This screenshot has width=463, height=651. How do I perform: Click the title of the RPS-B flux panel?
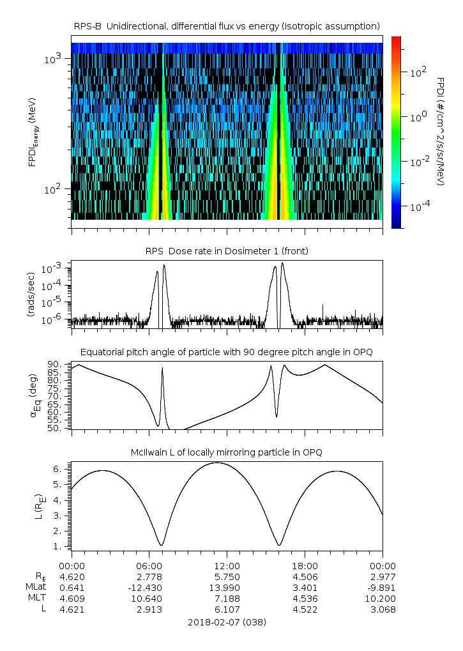pos(227,26)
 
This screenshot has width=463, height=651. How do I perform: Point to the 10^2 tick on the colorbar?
pos(416,73)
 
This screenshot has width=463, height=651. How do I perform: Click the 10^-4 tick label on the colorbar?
pos(419,207)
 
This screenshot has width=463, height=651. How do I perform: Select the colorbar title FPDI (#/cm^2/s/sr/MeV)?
pos(441,132)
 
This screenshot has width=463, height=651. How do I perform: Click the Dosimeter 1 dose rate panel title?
pos(227,251)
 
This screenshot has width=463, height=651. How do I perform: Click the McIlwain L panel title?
pos(227,452)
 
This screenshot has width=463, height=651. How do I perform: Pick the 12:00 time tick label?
pos(227,565)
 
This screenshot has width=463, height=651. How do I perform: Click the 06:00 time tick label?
pos(149,565)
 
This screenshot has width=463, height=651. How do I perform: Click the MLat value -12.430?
pos(149,587)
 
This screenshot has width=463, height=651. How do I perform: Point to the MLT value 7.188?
pos(227,599)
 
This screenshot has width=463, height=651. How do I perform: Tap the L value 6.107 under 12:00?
pos(227,609)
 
